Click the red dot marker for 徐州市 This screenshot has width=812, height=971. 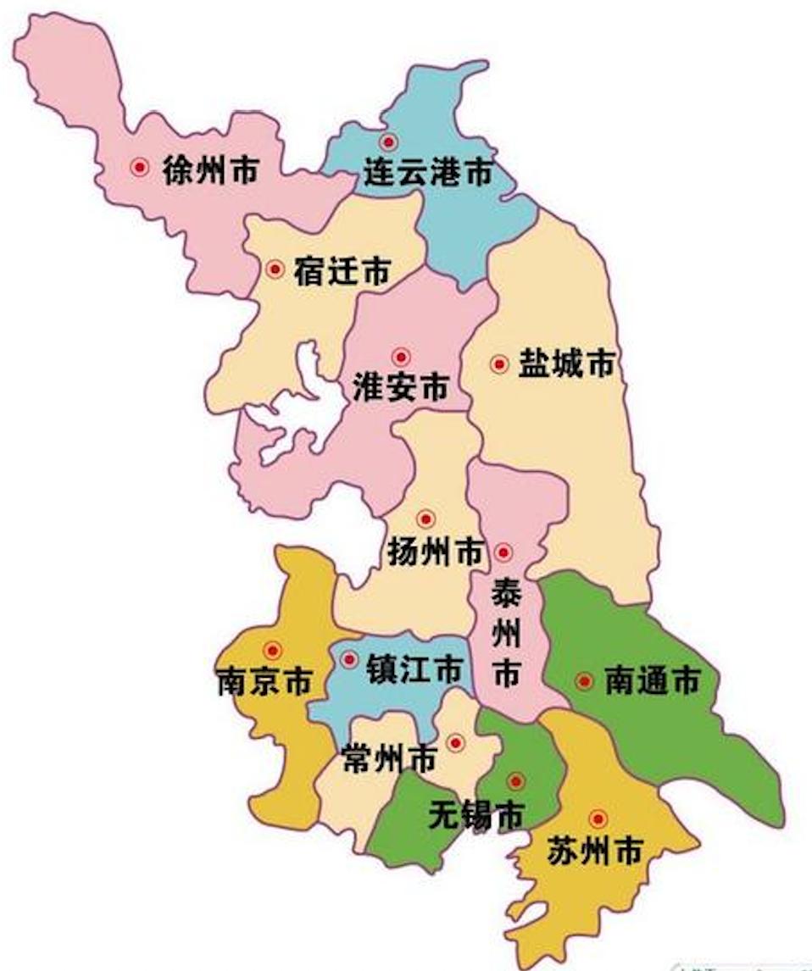140,168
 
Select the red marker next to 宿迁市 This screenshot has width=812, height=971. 275,269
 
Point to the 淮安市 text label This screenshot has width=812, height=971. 400,388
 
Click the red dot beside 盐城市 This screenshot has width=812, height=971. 499,364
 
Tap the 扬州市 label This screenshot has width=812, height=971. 435,552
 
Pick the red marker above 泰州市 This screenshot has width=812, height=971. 503,552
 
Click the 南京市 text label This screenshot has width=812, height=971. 264,682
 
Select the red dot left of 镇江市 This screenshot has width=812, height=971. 349,658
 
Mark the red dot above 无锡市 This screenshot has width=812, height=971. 515,781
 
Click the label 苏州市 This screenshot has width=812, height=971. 594,851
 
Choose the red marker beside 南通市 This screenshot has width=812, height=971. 584,680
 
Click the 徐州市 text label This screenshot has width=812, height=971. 209,170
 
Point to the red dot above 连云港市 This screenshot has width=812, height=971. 388,141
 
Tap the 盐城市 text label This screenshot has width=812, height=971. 565,365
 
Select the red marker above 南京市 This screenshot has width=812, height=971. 272,651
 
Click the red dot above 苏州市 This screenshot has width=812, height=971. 598,818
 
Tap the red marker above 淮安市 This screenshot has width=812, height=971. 401,358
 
